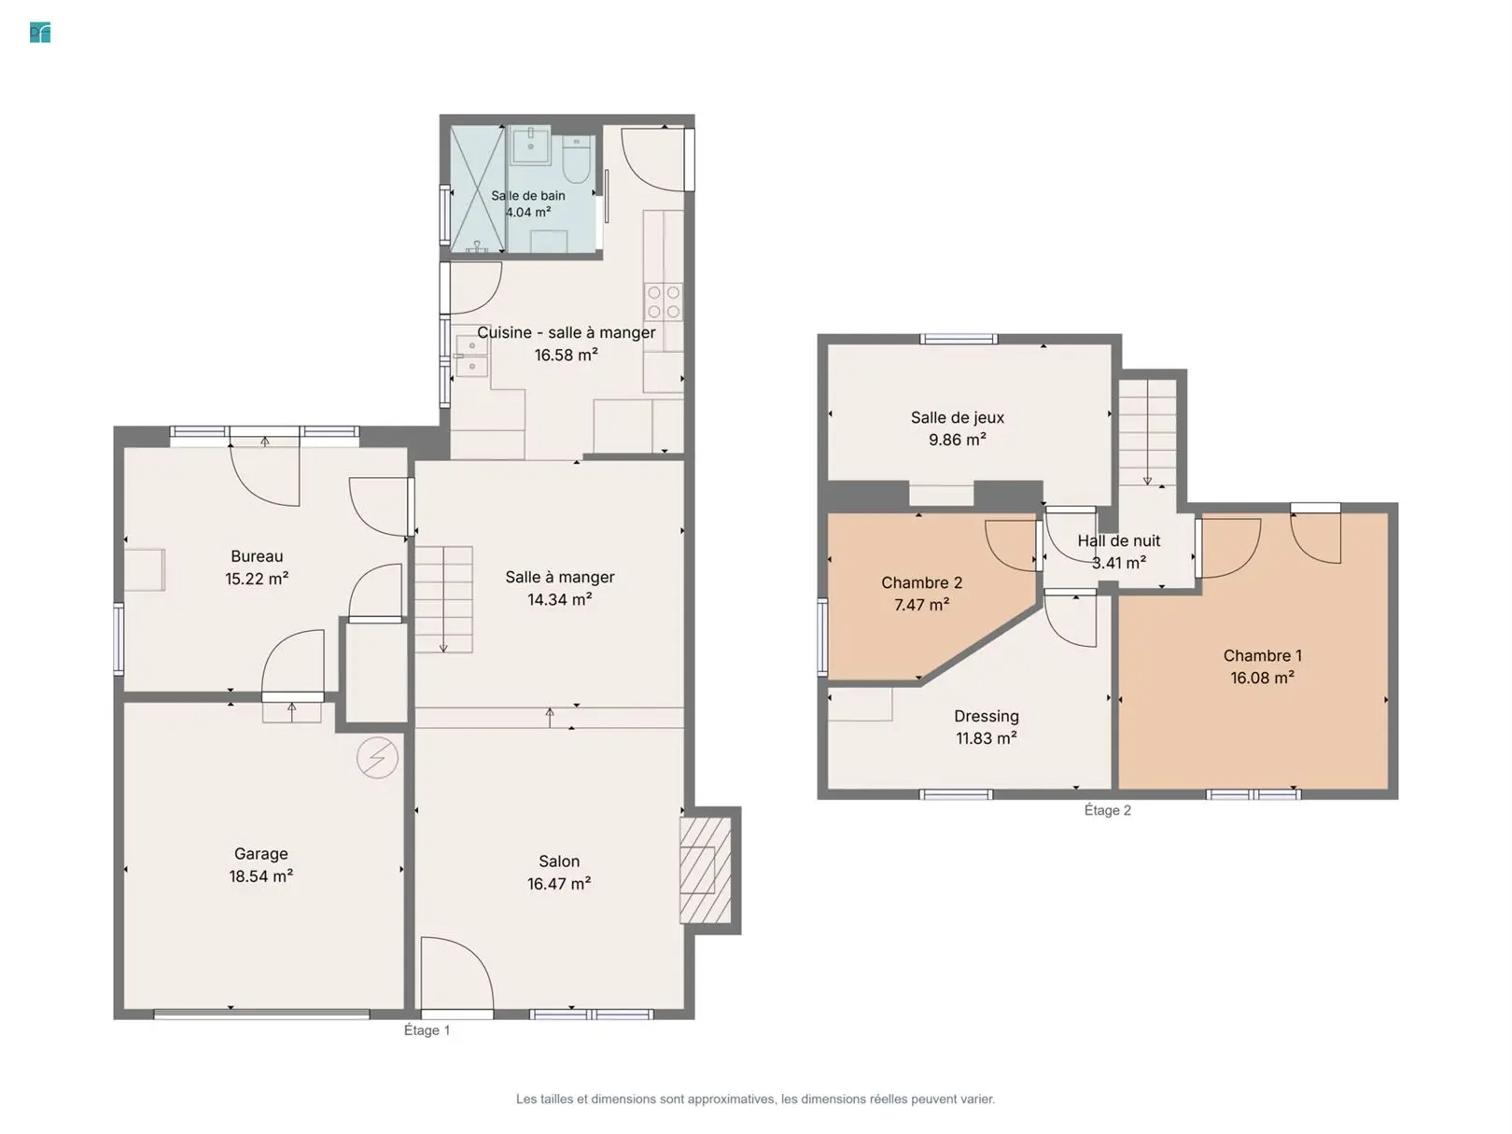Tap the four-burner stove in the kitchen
[x=664, y=302]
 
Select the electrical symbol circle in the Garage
[x=377, y=757]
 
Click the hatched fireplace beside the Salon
[x=706, y=870]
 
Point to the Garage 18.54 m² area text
[x=261, y=875]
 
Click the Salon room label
[x=559, y=861]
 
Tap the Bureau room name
[x=257, y=555]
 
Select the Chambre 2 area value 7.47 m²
[x=921, y=605]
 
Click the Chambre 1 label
[x=1263, y=655]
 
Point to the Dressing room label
[x=987, y=716]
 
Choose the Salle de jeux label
[x=958, y=417]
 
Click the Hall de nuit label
[x=1119, y=540]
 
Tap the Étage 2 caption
[x=1108, y=810]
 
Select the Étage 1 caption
[x=427, y=1030]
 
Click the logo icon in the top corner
[x=40, y=33]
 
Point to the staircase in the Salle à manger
[x=443, y=599]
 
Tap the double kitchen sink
[x=472, y=356]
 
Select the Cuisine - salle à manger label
[x=567, y=332]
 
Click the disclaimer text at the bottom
[x=756, y=1099]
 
